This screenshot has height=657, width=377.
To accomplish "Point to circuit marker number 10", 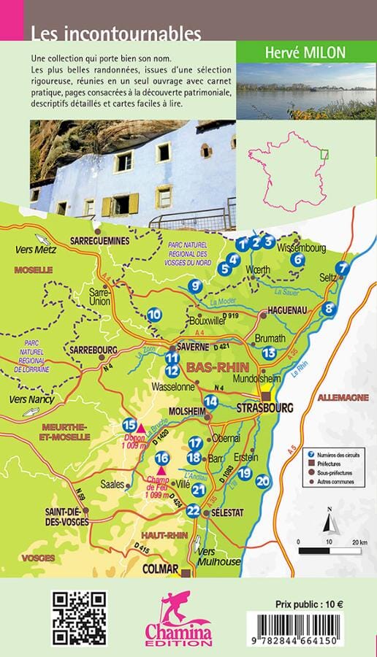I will click(154, 315).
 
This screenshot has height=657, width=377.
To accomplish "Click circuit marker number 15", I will click(130, 425).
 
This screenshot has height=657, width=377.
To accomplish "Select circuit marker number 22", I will click(193, 511).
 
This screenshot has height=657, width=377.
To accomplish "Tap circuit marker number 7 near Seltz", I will click(342, 268).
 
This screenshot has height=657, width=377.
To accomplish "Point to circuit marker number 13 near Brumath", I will click(269, 353).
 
